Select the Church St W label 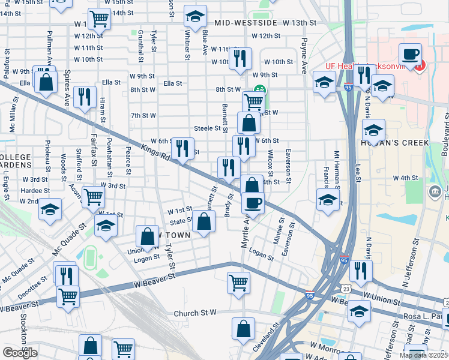pos(194,313)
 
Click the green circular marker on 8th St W pos(260,90)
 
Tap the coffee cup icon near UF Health pos(411,55)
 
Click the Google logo pos(20,352)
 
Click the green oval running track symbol pos(90,257)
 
